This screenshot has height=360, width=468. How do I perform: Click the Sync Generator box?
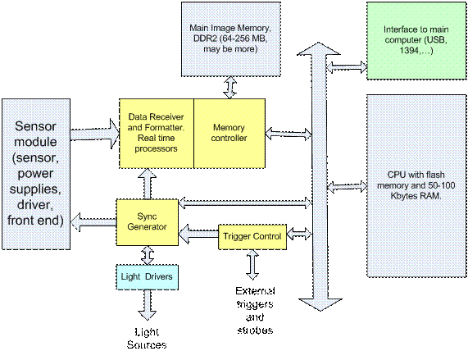(x=148, y=222)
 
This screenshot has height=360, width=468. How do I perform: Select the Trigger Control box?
(x=252, y=237)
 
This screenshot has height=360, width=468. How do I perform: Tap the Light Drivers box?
(x=148, y=277)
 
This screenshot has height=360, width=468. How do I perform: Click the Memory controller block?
(x=229, y=134)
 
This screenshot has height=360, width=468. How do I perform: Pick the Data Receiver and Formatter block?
(x=157, y=134)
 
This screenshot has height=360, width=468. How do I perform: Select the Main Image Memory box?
(x=231, y=39)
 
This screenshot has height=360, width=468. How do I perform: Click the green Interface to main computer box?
(x=416, y=41)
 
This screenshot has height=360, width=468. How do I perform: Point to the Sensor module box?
(x=36, y=174)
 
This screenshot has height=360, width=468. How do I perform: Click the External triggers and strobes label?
(x=255, y=311)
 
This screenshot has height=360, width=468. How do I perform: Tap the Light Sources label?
(x=147, y=339)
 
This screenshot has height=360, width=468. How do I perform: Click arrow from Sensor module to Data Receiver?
(x=95, y=134)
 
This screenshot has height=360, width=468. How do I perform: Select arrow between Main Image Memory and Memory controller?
(x=230, y=88)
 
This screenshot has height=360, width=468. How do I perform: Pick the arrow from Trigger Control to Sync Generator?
(x=198, y=234)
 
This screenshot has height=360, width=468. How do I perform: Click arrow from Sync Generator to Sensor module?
(x=93, y=222)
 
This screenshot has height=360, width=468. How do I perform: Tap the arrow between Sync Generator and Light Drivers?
(x=148, y=255)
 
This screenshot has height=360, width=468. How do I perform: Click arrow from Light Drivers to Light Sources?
(x=148, y=305)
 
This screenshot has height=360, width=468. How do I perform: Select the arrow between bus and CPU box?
(x=348, y=187)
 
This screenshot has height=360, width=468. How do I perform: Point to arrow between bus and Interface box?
(x=347, y=67)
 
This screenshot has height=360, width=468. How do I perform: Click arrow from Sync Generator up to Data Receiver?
(x=148, y=184)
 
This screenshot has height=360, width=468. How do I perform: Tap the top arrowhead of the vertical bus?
(x=319, y=49)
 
